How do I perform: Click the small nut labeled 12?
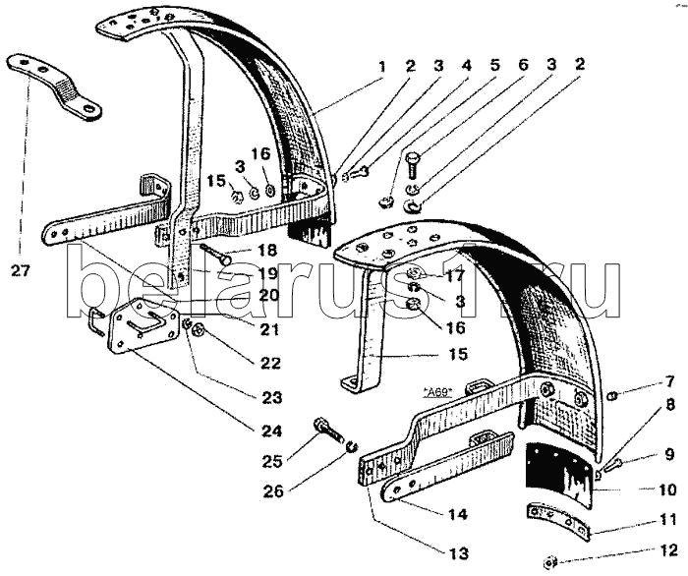(x=553, y=561)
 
